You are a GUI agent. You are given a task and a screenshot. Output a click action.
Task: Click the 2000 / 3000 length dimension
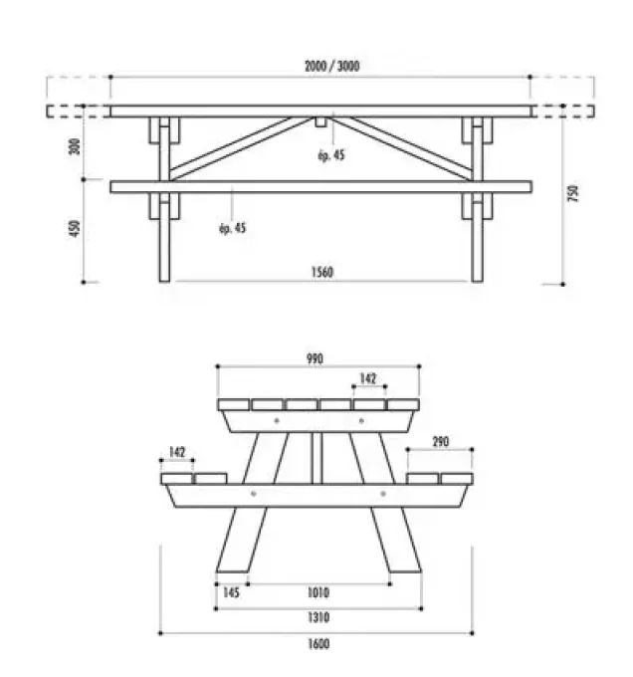click(x=331, y=67)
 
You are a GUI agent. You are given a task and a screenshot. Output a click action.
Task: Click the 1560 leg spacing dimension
click(x=320, y=273)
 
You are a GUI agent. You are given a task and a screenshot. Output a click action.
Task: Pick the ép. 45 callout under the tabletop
click(x=332, y=155)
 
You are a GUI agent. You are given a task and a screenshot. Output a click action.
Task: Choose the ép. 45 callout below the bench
click(x=232, y=228)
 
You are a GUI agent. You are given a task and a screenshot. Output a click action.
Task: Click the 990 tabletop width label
click(x=316, y=358)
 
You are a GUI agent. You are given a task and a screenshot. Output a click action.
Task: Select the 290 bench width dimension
click(x=443, y=441)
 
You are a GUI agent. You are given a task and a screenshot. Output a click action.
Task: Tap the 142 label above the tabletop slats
click(x=367, y=378)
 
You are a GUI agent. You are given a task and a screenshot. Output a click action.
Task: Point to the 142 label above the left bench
click(x=177, y=452)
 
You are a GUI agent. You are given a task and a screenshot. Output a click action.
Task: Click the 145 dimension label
click(x=230, y=592)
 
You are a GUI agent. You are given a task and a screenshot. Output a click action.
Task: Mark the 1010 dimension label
click(x=318, y=592)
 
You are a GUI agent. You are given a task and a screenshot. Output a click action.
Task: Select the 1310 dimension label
click(x=318, y=617)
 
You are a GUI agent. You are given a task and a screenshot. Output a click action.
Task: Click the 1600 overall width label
click(x=318, y=643)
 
